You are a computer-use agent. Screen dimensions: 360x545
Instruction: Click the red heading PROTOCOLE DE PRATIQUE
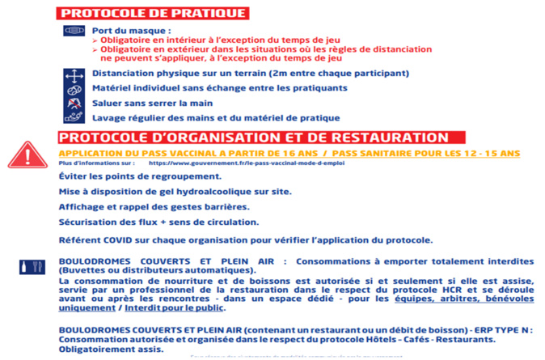coord(153,12)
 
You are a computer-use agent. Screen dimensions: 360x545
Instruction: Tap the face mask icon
coord(73,31)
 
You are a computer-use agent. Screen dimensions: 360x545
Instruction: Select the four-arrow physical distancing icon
coord(73,74)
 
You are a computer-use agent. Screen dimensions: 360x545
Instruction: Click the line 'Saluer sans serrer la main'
coord(152,104)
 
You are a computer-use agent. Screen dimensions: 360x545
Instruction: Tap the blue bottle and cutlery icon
coord(27,265)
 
